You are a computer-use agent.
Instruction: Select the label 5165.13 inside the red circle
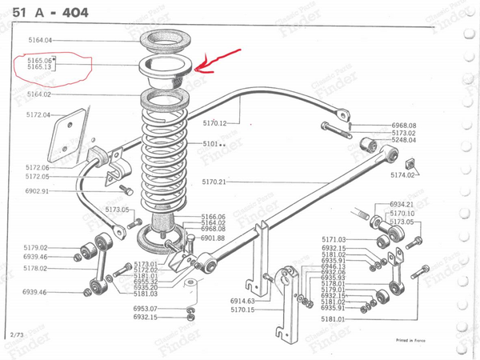click(39, 67)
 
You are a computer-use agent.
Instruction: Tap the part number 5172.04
click(38, 114)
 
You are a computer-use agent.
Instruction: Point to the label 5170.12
click(215, 123)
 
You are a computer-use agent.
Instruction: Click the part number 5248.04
click(403, 140)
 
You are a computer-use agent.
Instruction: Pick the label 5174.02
click(402, 174)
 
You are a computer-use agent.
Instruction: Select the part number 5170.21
click(214, 182)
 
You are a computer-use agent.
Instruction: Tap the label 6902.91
click(37, 191)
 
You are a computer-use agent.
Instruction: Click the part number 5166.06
click(213, 216)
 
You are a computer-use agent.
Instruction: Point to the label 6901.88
click(213, 238)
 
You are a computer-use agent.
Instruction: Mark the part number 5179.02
click(36, 247)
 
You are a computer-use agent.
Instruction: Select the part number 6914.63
click(241, 301)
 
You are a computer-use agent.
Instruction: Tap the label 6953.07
click(146, 308)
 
